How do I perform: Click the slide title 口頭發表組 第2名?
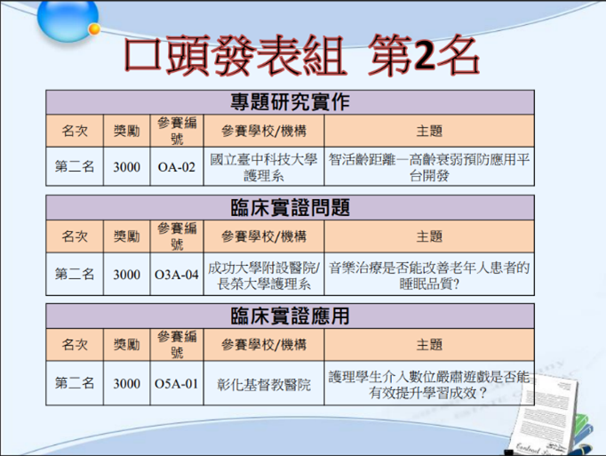(x=302, y=56)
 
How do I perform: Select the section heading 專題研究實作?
(x=290, y=101)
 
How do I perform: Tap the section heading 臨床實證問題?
(x=290, y=208)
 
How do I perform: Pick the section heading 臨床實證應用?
(x=290, y=316)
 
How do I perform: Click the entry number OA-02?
(x=176, y=166)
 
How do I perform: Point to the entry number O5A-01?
(x=176, y=384)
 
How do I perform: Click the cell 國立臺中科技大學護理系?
(x=263, y=167)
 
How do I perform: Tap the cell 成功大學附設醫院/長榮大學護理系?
(x=263, y=275)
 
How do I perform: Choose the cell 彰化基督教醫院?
(x=263, y=385)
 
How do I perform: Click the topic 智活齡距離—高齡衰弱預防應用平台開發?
(x=429, y=167)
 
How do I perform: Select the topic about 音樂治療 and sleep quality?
(x=429, y=275)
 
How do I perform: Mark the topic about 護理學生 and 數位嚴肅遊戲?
(x=429, y=383)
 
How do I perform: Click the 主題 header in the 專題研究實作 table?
(x=429, y=131)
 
